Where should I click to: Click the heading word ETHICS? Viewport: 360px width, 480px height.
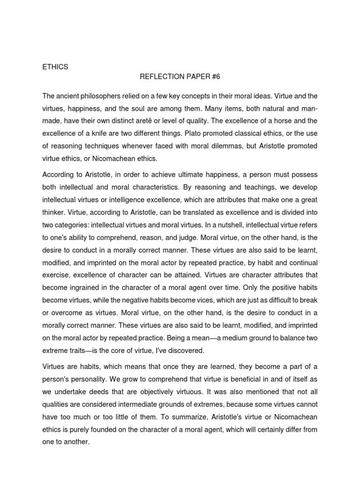[x=55, y=67]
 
